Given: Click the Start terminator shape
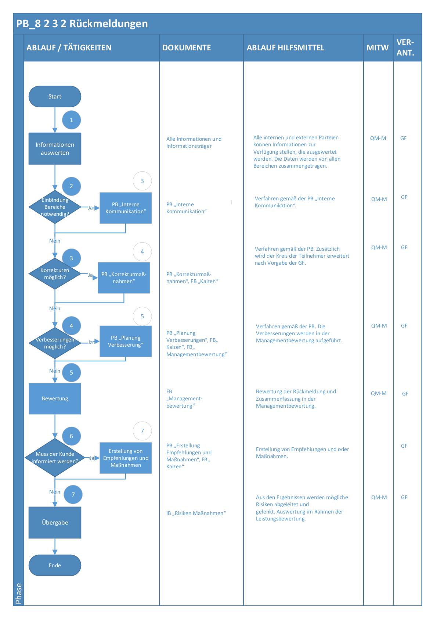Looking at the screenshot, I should click(x=55, y=97).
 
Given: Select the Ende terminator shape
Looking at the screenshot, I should click(x=55, y=565).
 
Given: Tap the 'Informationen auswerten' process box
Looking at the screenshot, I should click(x=55, y=149).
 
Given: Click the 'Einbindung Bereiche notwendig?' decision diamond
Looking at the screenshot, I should click(x=55, y=207).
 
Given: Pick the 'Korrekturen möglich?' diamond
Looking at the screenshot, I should click(x=55, y=274).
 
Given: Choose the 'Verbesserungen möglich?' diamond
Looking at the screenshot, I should click(x=55, y=343).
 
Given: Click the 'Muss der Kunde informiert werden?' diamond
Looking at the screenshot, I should click(x=55, y=458).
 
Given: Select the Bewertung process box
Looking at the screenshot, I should click(x=55, y=399).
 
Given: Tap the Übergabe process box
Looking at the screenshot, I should click(x=55, y=523).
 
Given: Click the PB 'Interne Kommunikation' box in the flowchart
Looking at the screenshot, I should click(x=126, y=208).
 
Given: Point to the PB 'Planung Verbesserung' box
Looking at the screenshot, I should click(x=126, y=341).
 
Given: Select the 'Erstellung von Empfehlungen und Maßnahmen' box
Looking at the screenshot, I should click(x=126, y=458).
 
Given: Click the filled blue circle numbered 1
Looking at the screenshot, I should click(x=71, y=120).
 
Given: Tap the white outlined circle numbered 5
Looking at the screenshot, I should click(x=142, y=316).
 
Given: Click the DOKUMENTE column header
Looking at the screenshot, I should click(x=187, y=48).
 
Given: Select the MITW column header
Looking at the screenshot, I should click(x=378, y=48).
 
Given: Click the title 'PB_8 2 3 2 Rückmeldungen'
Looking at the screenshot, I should click(x=82, y=24).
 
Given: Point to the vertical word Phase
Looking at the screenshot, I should click(x=19, y=593).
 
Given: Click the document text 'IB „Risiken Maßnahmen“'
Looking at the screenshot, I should click(x=196, y=513).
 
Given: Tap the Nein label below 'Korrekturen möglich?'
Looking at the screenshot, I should click(x=55, y=309).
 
